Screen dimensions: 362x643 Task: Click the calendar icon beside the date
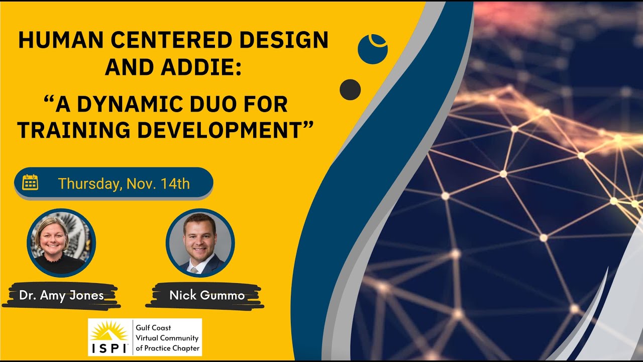[30, 183]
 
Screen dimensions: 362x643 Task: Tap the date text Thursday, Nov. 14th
[124, 184]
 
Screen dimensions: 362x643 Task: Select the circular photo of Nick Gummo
[200, 242]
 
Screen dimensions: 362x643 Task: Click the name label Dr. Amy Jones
[61, 295]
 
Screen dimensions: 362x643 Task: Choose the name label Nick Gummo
[206, 295]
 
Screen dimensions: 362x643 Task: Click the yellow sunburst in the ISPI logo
[109, 331]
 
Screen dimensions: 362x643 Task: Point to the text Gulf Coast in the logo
[153, 328]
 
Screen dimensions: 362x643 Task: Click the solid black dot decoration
[350, 89]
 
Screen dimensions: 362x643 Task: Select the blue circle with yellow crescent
[372, 48]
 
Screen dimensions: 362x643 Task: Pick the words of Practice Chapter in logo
[167, 348]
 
